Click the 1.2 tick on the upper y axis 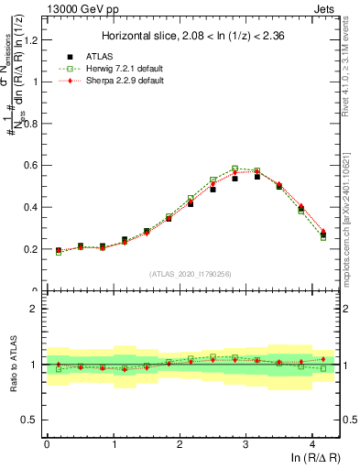30,39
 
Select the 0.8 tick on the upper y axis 30,123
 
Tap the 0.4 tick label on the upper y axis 30,207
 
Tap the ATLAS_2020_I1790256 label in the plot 191,274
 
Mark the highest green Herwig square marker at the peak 235,169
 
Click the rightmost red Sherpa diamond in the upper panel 323,232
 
